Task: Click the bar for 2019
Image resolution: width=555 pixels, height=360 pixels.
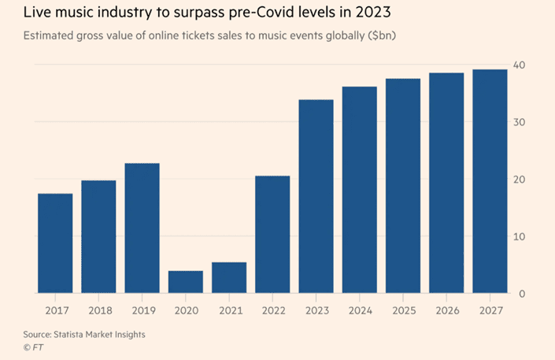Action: (142, 228)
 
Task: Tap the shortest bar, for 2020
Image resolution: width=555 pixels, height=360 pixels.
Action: (185, 282)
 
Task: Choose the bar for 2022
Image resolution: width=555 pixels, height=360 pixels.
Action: (272, 235)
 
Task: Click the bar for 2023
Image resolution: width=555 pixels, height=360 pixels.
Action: (316, 197)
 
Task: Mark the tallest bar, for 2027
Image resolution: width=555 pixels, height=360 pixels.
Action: (490, 181)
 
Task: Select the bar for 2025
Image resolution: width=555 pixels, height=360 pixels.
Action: (402, 186)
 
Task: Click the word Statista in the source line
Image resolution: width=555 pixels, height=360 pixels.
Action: (80, 334)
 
